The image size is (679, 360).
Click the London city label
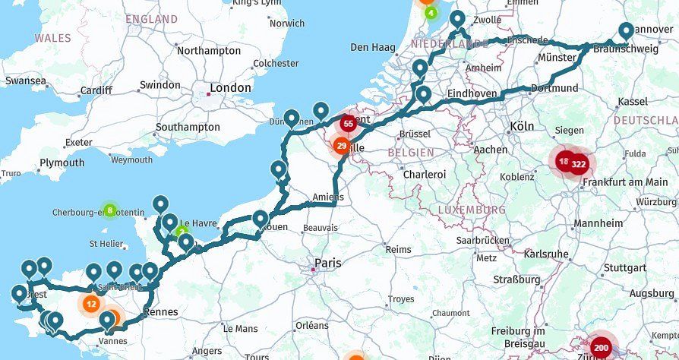click(229, 88)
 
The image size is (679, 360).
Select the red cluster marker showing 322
click(579, 163)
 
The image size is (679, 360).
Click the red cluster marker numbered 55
click(348, 123)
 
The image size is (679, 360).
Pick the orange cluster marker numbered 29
click(342, 147)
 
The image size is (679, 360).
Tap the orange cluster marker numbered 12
click(91, 304)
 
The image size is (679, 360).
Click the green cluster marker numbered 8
click(110, 210)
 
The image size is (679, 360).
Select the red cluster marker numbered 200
click(602, 348)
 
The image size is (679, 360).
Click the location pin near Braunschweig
click(626, 30)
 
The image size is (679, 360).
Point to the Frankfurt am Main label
click(625, 182)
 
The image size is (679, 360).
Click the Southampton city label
click(187, 127)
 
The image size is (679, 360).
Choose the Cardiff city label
click(96, 91)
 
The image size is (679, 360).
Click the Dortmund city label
click(555, 87)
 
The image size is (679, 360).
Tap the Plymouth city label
click(62, 163)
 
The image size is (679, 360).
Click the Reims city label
click(397, 249)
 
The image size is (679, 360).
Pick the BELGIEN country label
click(410, 152)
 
